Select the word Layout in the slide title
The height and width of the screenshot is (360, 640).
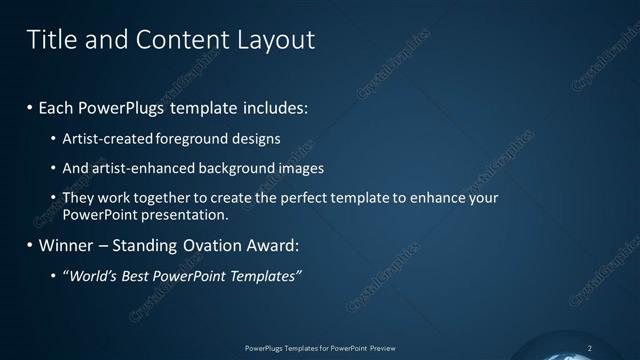click(x=271, y=40)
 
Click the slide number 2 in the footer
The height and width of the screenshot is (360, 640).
click(x=589, y=348)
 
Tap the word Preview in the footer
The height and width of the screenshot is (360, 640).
click(x=384, y=348)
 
